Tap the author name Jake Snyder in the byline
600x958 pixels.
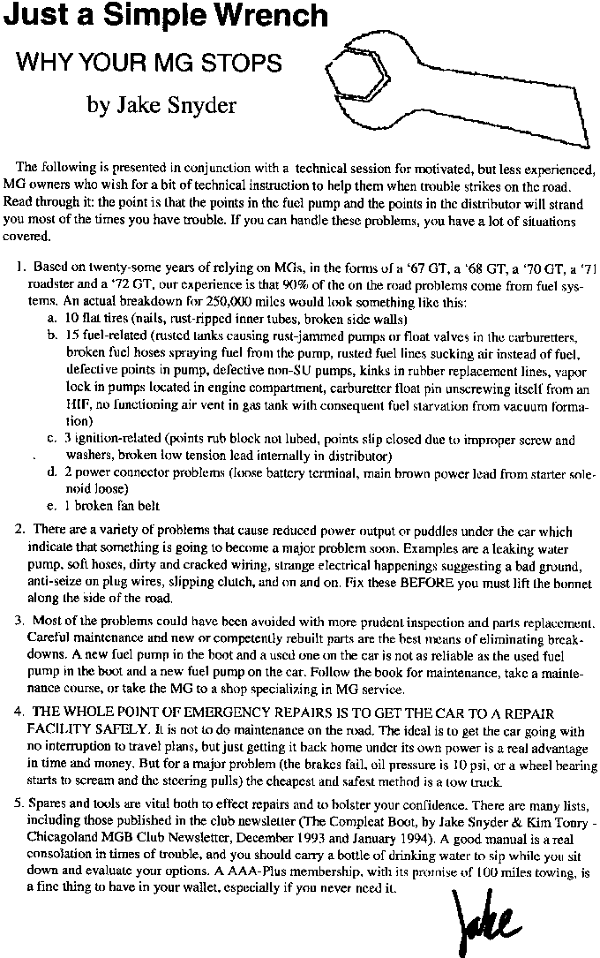click(161, 106)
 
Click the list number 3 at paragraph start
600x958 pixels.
click(19, 622)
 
